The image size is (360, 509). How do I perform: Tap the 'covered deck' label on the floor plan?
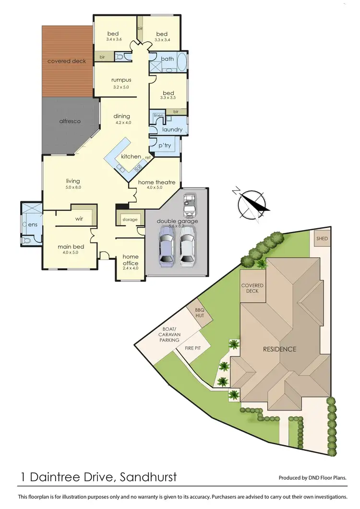66,61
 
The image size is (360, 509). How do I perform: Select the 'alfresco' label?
69,121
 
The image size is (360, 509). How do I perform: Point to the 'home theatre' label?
153,182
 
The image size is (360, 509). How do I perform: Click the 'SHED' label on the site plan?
321,239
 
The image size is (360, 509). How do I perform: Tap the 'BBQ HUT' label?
199,313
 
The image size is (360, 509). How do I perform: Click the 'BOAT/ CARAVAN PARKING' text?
170,335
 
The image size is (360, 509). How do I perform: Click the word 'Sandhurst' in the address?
146,477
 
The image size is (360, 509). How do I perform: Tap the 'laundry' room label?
172,130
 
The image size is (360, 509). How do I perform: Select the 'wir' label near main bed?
80,218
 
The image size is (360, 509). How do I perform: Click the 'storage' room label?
130,219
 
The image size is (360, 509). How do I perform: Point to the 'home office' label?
131,260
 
